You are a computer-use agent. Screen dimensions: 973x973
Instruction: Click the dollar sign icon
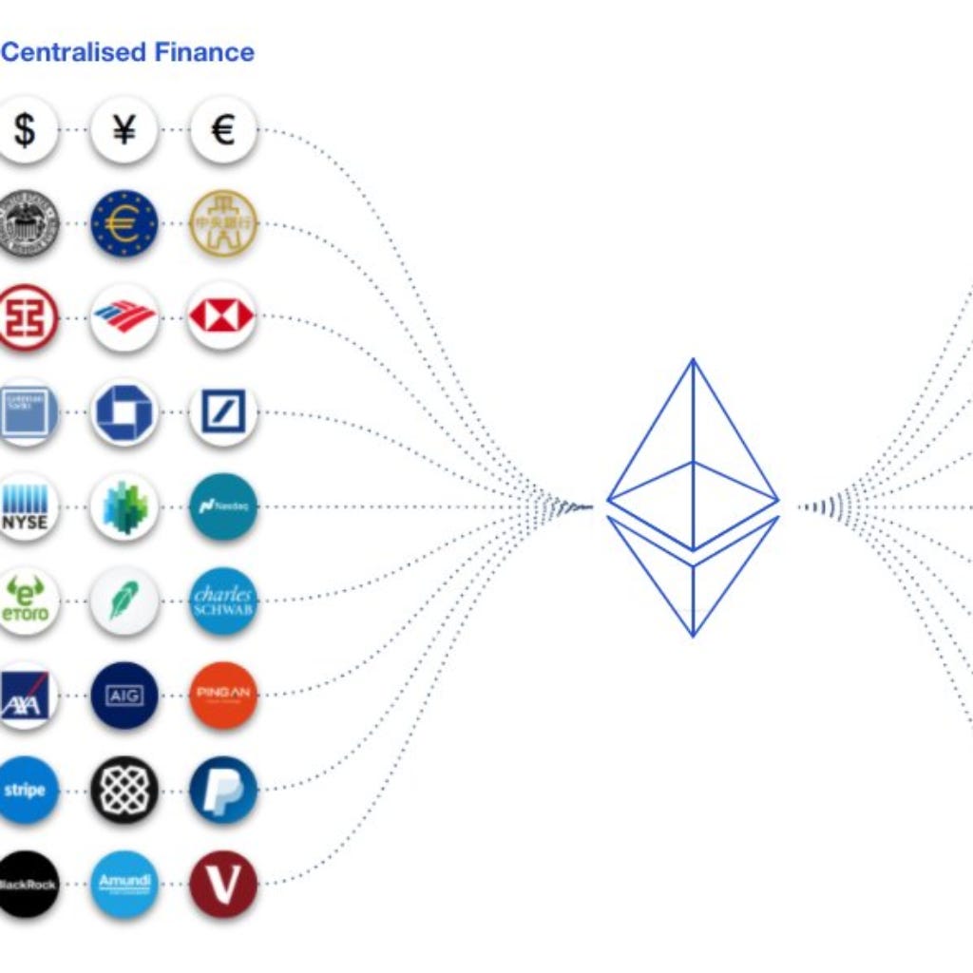pos(26,130)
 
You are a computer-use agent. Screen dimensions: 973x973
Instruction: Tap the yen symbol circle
pos(124,130)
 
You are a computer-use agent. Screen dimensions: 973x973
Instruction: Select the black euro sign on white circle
pos(222,130)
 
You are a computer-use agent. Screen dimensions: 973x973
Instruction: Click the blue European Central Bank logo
pos(124,224)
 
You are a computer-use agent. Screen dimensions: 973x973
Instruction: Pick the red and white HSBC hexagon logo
pos(222,317)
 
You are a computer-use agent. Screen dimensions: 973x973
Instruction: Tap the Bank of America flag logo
pos(124,317)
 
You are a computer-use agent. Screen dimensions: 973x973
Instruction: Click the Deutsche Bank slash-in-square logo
pos(222,412)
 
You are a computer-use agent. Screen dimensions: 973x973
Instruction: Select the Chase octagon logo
pos(124,412)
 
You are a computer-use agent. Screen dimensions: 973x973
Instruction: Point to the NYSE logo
pos(26,507)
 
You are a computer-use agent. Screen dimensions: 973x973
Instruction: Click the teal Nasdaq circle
pos(222,507)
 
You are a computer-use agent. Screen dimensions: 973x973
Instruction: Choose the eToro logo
pos(26,601)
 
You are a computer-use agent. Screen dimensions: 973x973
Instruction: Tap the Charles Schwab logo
pos(222,601)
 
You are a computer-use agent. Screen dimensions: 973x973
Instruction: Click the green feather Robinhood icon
pos(124,601)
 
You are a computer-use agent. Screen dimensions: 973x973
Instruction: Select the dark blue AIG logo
pos(124,696)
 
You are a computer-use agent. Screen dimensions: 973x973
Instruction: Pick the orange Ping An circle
pos(222,696)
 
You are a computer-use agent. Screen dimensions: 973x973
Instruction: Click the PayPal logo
pos(222,790)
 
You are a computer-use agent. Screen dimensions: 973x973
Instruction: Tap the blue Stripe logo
pos(26,790)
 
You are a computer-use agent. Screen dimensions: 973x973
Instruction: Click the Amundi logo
pos(124,884)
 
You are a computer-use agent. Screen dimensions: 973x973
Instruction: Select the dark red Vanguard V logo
pos(222,884)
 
